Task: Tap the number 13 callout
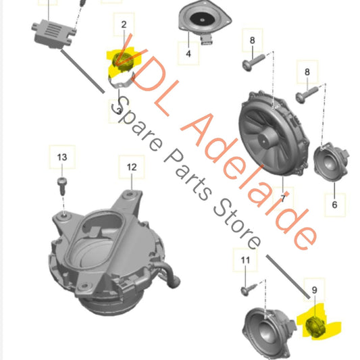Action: coord(62,157)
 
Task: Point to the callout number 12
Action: coord(131,165)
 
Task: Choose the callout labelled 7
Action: coord(282,199)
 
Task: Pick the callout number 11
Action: coord(245,259)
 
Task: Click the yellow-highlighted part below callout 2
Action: coord(122,61)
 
